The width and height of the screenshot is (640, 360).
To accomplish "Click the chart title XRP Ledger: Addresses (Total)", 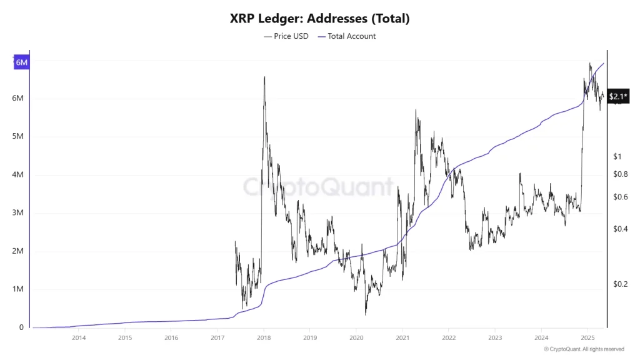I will (x=319, y=18).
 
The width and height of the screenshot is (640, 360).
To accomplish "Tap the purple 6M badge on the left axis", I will (x=22, y=62).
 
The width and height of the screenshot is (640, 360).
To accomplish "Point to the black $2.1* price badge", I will (x=618, y=96).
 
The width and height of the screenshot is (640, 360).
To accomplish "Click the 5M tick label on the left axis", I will (x=17, y=137).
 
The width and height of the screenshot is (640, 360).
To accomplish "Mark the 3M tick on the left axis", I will (x=17, y=213).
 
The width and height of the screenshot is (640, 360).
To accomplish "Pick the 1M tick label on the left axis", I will (x=17, y=289).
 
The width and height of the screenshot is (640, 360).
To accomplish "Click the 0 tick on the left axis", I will (x=21, y=327).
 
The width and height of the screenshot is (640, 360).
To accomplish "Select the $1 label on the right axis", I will (x=617, y=156).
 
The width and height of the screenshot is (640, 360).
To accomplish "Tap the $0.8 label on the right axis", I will (x=620, y=174).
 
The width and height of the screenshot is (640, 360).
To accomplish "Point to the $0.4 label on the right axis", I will (x=620, y=229).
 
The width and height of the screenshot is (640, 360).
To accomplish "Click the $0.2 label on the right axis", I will (x=620, y=284).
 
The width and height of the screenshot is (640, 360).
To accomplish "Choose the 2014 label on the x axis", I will (x=79, y=338).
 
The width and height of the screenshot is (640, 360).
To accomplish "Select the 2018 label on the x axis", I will (x=264, y=338).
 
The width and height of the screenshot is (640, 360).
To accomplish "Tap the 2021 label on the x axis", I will (x=402, y=338).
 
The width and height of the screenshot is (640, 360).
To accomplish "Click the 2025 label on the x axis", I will (x=587, y=338).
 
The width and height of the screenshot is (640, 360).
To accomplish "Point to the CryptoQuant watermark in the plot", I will (x=319, y=186).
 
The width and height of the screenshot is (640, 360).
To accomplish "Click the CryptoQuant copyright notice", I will (x=584, y=349).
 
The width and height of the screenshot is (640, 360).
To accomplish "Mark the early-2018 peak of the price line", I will (x=264, y=77).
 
